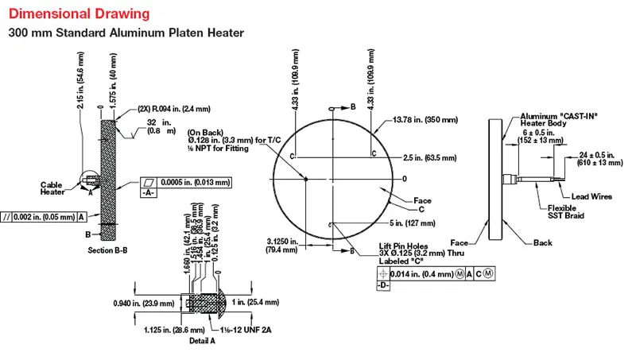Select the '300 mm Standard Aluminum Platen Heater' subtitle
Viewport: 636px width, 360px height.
(x=126, y=33)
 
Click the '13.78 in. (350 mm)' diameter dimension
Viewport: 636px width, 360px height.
(x=426, y=120)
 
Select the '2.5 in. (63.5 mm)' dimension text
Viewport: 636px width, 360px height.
(x=431, y=157)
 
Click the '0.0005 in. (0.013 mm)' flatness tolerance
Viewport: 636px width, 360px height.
(x=196, y=182)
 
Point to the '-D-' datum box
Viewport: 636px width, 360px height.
(x=382, y=285)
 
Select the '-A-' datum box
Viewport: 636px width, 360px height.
(x=149, y=193)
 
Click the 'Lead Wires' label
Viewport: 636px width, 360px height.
(x=580, y=196)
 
